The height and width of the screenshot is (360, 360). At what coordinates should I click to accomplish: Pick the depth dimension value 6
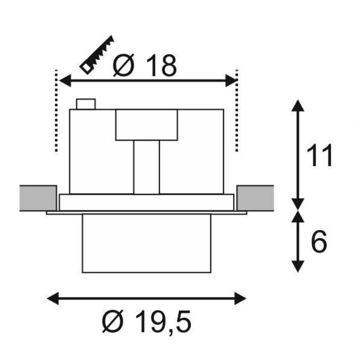[318, 241]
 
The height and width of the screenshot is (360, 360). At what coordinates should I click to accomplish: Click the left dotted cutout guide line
[56, 111]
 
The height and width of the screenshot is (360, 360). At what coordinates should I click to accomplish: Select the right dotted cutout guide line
[236, 111]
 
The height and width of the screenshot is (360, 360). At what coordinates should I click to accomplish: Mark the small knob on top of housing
[86, 104]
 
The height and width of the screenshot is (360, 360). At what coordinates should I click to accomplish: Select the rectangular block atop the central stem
[147, 125]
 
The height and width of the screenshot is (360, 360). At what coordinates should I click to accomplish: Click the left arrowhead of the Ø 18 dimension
[63, 81]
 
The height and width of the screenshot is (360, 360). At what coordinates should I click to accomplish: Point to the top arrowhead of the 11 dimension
[298, 105]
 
